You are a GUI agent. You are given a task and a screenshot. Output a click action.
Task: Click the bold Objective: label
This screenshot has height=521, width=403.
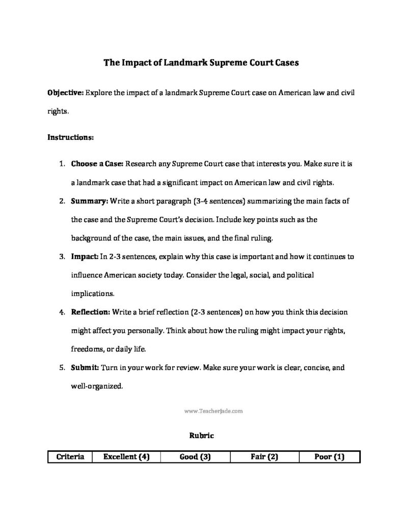click(66, 93)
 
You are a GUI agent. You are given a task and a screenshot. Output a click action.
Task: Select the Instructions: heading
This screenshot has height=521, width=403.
click(70, 137)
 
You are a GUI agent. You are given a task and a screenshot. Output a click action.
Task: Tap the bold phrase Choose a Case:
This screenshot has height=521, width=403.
click(97, 164)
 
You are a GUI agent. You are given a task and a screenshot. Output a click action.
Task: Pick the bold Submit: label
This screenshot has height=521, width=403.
click(85, 367)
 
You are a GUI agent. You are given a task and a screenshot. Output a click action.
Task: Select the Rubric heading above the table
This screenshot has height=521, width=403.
click(201, 436)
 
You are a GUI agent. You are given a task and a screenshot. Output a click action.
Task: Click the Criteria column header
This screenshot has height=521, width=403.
click(70, 457)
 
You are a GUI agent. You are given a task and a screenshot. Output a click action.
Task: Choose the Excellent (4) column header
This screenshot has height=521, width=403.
click(126, 457)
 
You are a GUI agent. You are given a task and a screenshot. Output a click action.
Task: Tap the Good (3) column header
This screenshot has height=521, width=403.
click(195, 457)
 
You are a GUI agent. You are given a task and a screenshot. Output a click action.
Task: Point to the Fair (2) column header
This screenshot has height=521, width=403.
click(264, 457)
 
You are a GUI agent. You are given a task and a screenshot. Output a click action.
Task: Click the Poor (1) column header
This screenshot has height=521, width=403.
click(330, 457)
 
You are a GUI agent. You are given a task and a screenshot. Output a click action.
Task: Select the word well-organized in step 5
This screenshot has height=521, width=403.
click(96, 386)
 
